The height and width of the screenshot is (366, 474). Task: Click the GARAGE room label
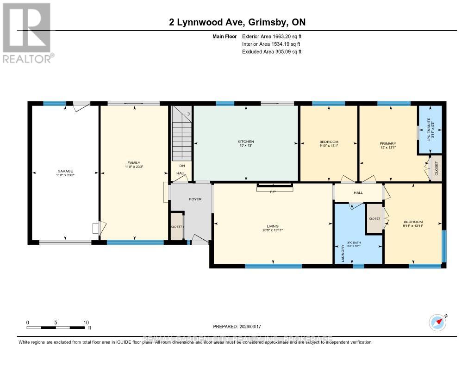tap(65, 171)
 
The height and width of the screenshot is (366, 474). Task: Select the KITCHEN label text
tap(246, 142)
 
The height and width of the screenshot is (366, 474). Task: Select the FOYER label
tap(195, 199)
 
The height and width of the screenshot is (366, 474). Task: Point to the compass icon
tap(437, 322)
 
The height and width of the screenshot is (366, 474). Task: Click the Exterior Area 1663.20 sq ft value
tap(272, 36)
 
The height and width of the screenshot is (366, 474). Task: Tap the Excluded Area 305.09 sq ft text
tap(272, 52)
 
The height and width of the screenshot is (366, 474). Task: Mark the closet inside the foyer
tap(177, 227)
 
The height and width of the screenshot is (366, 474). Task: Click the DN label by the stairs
tap(181, 165)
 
